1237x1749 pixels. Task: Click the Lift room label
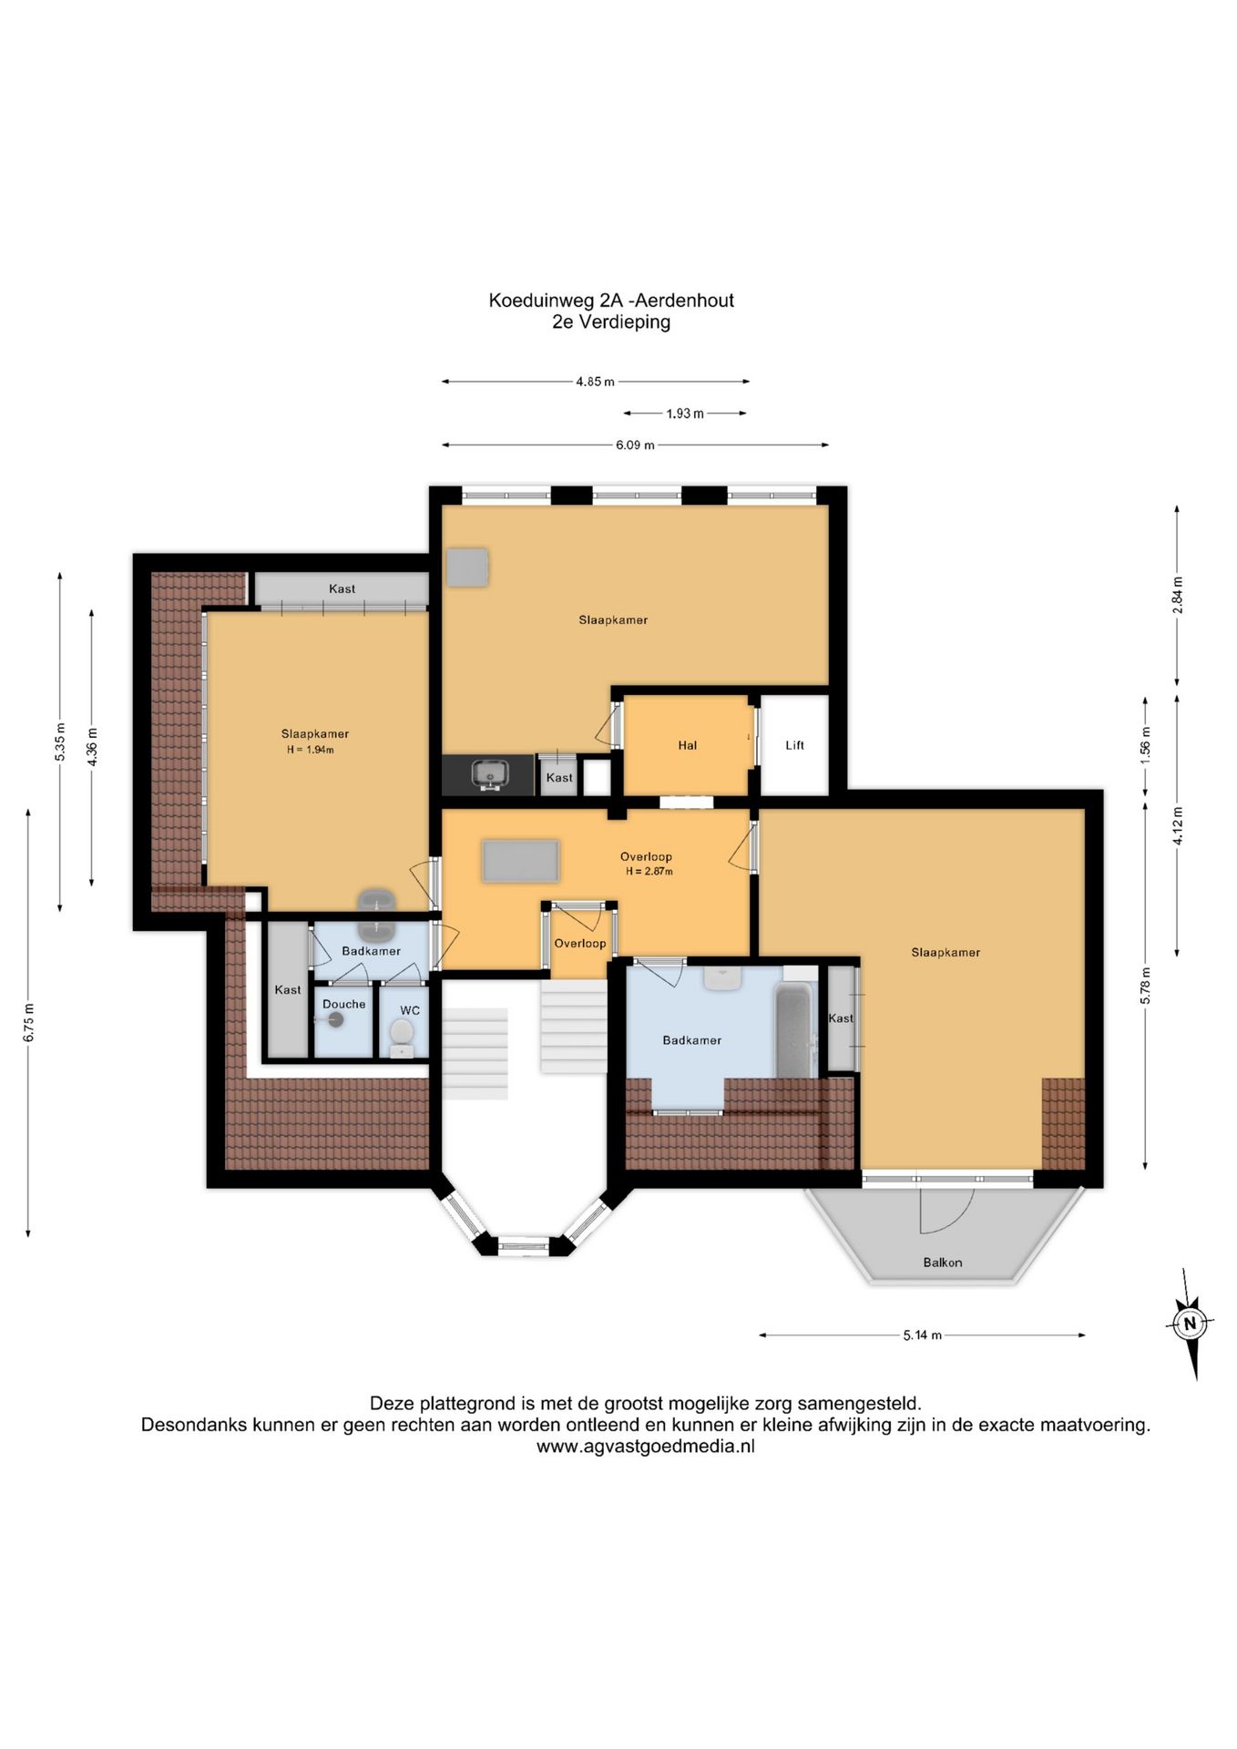(794, 745)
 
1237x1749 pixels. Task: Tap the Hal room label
(687, 745)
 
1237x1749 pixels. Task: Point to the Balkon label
(942, 1262)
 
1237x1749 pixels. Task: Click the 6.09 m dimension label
(635, 445)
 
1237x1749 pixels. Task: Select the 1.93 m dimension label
(685, 414)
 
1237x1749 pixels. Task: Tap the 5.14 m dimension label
(922, 1335)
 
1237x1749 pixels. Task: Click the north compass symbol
(1189, 1323)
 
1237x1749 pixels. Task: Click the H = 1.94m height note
(311, 750)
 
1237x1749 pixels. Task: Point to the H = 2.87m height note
(649, 871)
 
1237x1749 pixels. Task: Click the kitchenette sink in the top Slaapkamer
(488, 775)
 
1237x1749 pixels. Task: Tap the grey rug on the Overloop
(520, 861)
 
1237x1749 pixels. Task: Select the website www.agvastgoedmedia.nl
(645, 1446)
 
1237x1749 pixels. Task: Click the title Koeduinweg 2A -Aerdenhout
(611, 300)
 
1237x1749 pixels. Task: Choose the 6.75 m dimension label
(29, 1022)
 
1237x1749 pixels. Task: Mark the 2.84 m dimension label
(1177, 596)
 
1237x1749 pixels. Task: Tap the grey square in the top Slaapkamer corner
(467, 567)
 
